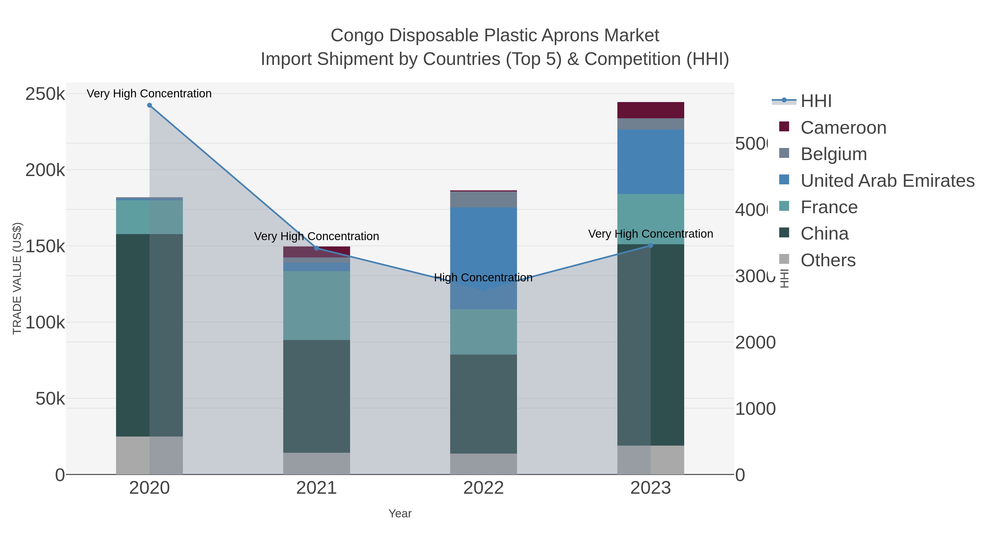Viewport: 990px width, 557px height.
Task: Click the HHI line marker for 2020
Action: [150, 105]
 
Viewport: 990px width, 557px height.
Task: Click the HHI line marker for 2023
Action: [651, 246]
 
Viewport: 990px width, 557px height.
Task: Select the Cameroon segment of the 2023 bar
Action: [651, 110]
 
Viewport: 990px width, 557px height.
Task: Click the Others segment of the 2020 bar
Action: [150, 455]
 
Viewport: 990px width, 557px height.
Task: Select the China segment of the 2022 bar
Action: [483, 404]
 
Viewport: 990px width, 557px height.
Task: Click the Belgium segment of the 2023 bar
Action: [651, 124]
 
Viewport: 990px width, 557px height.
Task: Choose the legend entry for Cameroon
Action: [843, 128]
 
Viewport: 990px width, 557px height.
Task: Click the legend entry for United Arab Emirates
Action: [887, 181]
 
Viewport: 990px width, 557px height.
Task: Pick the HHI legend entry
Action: [816, 101]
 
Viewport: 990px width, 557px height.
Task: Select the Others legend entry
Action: [828, 260]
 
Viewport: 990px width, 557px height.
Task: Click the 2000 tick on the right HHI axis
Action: [755, 342]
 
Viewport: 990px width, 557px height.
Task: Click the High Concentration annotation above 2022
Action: [483, 278]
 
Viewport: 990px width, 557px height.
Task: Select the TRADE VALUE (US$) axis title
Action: [17, 278]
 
